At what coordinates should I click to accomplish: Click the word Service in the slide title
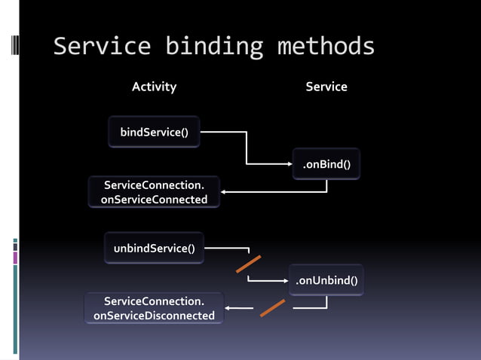pos(102,47)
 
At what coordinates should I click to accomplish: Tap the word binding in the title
pos(213,47)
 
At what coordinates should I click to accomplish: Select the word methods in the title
pos(326,47)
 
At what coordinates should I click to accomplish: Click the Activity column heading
pos(154,87)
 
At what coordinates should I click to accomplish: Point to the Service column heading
pos(326,87)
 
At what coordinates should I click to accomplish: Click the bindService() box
pos(154,133)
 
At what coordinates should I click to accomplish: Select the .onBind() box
pos(326,164)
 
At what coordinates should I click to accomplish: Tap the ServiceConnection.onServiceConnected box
pos(154,192)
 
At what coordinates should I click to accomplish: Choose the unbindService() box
pos(154,249)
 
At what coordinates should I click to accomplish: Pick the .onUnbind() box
pos(326,281)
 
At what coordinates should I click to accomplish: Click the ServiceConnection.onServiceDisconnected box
pos(154,309)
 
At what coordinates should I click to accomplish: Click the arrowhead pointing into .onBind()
pos(290,163)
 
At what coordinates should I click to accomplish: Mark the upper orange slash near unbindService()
pos(248,264)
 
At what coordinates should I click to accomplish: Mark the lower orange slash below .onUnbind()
pos(272,308)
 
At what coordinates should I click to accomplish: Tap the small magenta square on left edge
pos(15,258)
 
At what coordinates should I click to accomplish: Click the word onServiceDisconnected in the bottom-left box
pos(154,316)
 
